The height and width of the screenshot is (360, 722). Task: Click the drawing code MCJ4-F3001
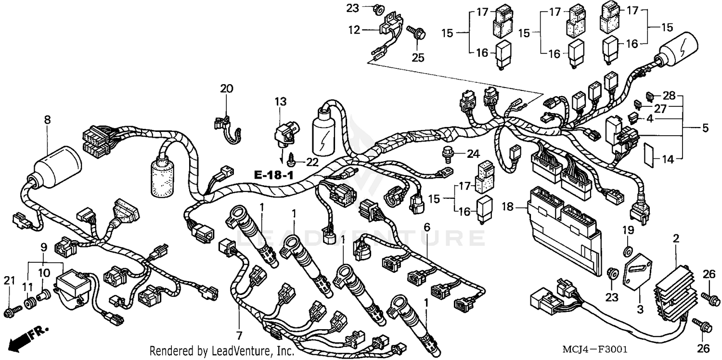point(596,349)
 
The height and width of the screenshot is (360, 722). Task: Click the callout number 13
point(281,102)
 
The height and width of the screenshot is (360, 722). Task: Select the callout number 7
point(239,334)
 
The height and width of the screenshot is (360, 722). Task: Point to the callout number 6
point(426,226)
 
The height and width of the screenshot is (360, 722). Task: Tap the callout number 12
point(354,30)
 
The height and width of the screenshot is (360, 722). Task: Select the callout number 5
point(705,128)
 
